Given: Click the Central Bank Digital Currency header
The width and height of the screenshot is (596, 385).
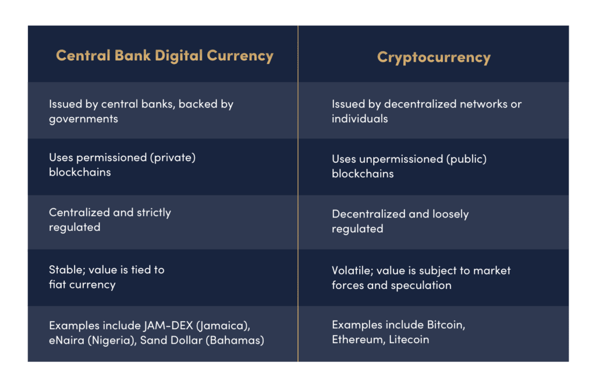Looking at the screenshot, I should [165, 56].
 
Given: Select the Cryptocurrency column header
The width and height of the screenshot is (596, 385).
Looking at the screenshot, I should [434, 57].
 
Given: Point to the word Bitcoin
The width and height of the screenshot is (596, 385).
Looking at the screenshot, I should [445, 325].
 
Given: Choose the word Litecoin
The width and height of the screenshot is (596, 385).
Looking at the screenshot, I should [407, 340].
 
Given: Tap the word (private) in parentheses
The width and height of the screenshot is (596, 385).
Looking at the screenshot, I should [179, 158].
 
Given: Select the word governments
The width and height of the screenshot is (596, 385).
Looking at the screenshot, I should [83, 119].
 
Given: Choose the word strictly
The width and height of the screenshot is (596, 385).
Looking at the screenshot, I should [154, 212].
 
